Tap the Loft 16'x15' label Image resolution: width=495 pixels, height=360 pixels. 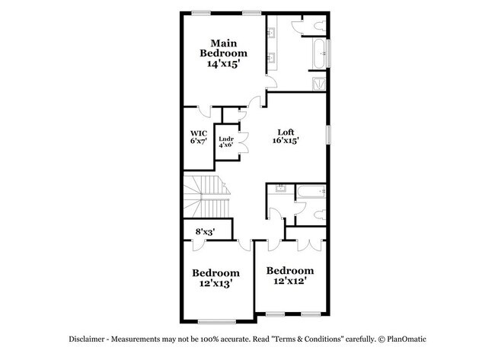click(286, 135)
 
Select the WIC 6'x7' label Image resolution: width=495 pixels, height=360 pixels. click(198, 138)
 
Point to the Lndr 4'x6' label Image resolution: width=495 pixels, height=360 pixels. click(225, 142)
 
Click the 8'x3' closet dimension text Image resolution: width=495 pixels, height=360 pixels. click(206, 231)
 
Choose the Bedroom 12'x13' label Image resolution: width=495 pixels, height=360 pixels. click(216, 277)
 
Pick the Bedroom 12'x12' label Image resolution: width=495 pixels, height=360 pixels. click(289, 276)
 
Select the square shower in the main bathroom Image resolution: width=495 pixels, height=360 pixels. click(321, 81)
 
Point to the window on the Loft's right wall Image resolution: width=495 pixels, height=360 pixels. click(329, 134)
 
